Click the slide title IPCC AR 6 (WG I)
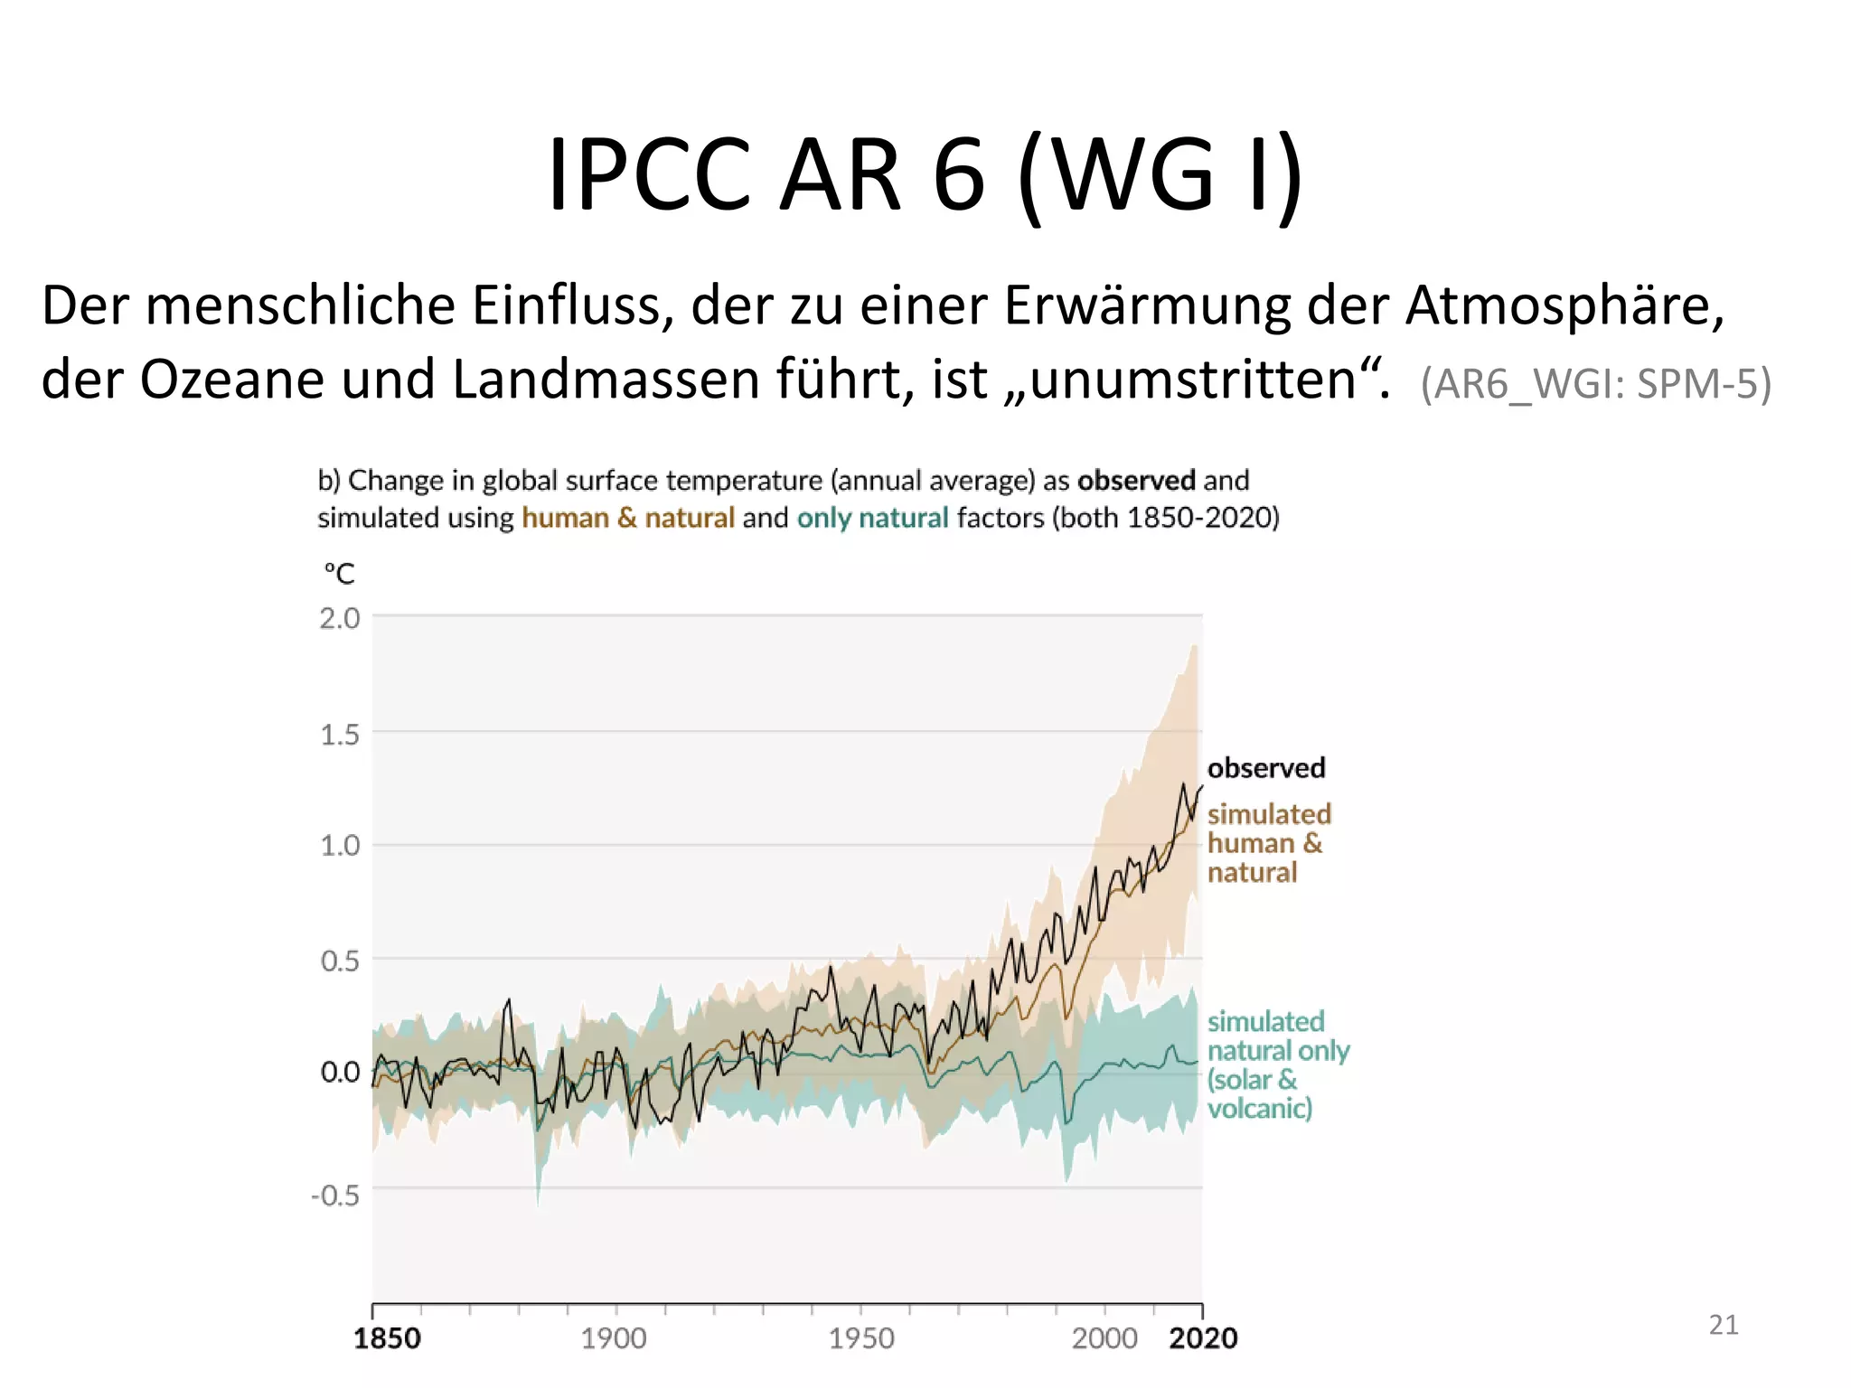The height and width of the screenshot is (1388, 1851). pos(925,173)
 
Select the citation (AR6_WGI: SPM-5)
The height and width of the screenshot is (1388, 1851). pos(1595,384)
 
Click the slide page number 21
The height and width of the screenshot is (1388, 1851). pos(1724,1325)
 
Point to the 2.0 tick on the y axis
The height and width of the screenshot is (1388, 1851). pos(340,619)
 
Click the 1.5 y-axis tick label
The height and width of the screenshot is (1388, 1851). pos(340,735)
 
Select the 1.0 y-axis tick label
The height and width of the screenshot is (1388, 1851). pos(340,847)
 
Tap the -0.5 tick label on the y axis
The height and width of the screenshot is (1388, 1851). pos(335,1196)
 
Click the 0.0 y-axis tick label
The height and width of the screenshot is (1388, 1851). pos(340,1073)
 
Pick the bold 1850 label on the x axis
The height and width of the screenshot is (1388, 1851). pos(387,1338)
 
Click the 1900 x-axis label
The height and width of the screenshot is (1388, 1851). pos(614,1338)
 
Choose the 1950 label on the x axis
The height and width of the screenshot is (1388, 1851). pos(861,1338)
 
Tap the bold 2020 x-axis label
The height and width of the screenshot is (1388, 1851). pos(1203,1338)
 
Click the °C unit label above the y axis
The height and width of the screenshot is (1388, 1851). pos(340,574)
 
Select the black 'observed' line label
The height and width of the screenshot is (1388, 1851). pos(1266,768)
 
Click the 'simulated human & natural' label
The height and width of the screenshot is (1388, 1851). pos(1268,843)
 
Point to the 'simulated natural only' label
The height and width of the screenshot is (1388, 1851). pos(1277,1064)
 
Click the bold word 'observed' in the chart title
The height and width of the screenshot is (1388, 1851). pos(1136,480)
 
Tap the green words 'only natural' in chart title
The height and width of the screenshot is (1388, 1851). pos(872,518)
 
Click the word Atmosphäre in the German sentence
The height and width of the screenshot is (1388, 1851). pos(1564,306)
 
